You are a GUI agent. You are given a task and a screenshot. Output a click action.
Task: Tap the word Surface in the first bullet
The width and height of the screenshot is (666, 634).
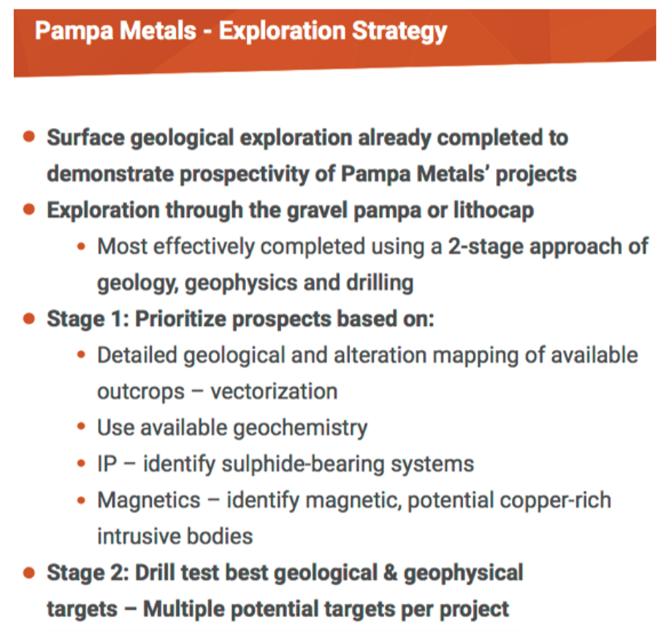pos(85,137)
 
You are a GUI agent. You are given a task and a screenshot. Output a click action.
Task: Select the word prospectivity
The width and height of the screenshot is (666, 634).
pos(244,175)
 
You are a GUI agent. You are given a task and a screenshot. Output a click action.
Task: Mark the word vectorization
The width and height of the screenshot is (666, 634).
pos(274,392)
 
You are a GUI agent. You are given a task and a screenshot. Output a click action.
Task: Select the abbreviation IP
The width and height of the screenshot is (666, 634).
pos(107,464)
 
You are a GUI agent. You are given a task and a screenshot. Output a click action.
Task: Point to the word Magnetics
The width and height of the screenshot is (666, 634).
pos(149,500)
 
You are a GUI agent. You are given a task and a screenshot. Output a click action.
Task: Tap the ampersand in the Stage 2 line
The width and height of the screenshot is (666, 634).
pos(391,573)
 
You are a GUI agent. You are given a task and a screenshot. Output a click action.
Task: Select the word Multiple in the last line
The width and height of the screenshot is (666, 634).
pos(184,609)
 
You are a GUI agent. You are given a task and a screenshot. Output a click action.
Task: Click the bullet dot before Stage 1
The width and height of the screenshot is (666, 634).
pos(29,318)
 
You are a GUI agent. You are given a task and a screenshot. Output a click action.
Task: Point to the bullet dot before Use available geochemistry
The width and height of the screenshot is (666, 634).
pos(81,427)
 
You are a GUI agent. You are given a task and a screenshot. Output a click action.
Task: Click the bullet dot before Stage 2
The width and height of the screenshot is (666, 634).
pos(29,573)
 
